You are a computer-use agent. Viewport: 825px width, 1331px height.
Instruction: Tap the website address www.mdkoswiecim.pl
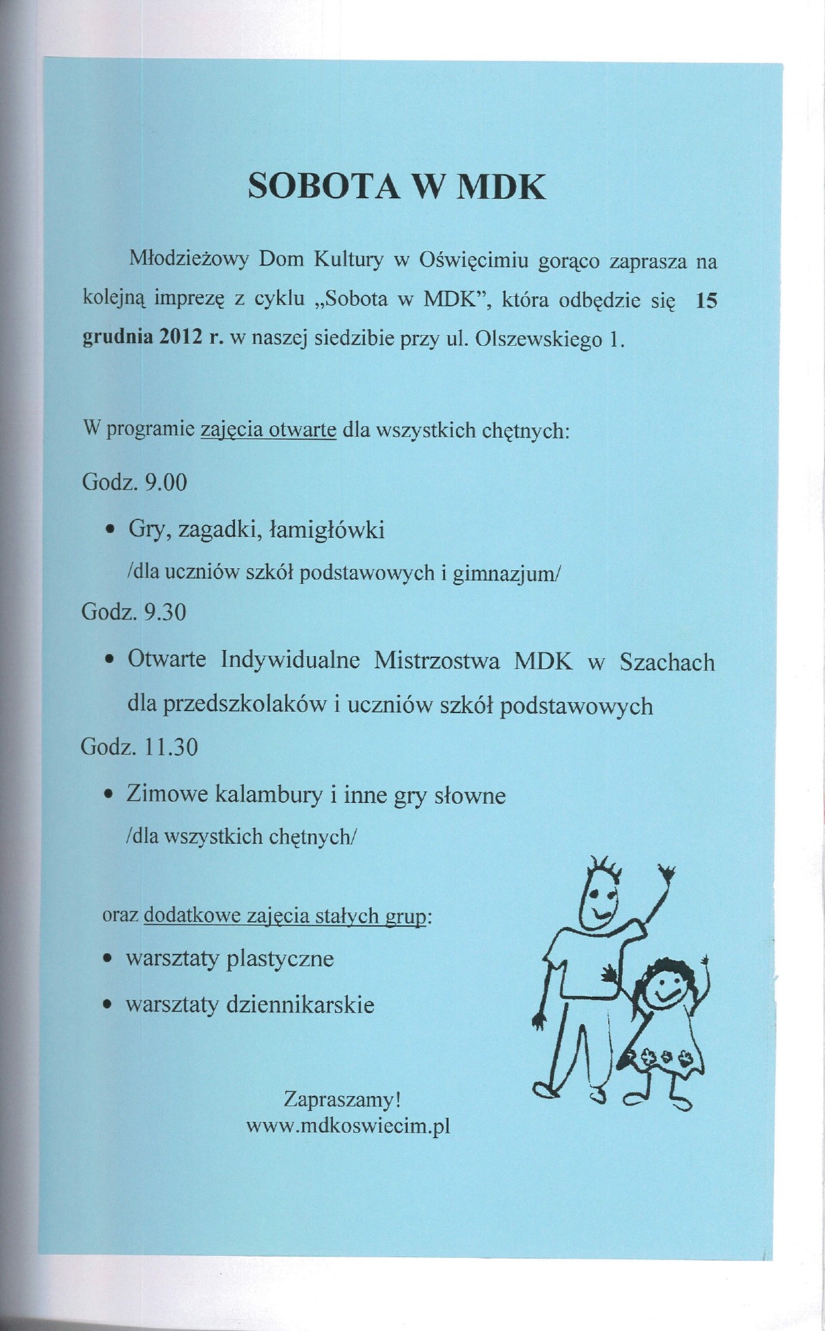tap(348, 1125)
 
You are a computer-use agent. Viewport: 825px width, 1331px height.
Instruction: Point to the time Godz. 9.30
tap(134, 612)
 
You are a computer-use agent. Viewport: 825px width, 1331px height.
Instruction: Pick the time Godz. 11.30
tap(139, 747)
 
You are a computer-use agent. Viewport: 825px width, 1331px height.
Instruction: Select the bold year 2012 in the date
tap(178, 339)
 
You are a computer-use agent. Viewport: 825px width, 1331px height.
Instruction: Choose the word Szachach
tap(667, 662)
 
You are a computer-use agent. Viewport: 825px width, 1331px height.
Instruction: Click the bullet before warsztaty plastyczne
tap(107, 960)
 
